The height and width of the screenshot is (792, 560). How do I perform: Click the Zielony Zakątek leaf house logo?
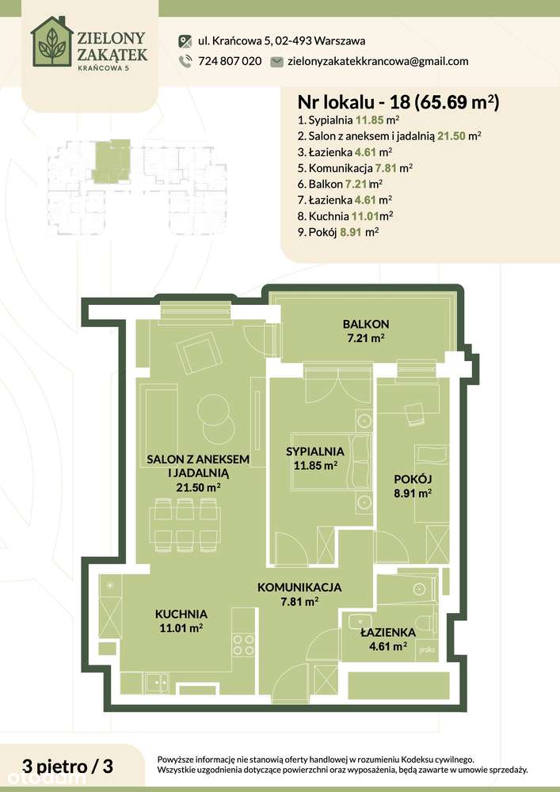click(x=52, y=41)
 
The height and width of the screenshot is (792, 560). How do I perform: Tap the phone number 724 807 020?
click(x=229, y=61)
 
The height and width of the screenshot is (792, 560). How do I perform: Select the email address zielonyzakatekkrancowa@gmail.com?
click(x=377, y=61)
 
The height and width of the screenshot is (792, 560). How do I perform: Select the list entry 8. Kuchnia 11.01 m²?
click(x=345, y=215)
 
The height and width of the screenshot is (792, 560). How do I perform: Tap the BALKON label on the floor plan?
click(x=365, y=324)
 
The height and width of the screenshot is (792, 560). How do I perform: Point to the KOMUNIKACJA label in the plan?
click(x=299, y=588)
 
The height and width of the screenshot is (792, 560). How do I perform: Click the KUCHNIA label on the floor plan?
click(x=181, y=614)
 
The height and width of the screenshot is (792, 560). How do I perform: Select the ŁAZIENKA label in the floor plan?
click(x=387, y=633)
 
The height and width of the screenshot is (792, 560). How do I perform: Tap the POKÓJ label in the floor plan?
click(x=413, y=478)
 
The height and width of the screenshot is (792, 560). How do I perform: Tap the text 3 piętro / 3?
click(x=69, y=766)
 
